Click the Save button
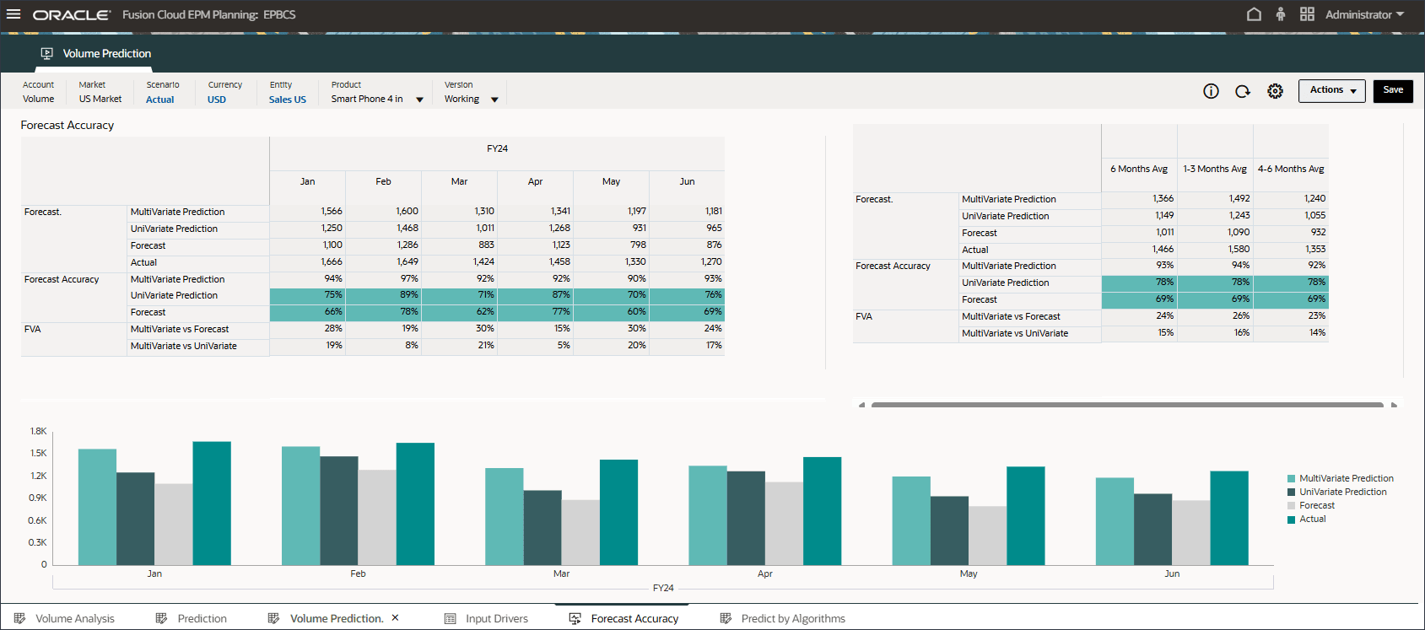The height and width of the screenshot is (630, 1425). click(1392, 90)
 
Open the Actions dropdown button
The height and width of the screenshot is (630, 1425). click(1331, 90)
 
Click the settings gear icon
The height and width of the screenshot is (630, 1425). click(1275, 91)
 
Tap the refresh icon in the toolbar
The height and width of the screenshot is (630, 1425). click(1243, 91)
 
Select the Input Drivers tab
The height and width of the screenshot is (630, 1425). click(496, 618)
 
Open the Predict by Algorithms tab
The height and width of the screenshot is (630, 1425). click(792, 618)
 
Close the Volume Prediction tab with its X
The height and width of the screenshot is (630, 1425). click(395, 618)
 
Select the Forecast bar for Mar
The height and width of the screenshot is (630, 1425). click(580, 532)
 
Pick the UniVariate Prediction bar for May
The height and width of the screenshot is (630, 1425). click(949, 530)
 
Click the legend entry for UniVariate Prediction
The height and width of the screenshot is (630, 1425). click(1342, 492)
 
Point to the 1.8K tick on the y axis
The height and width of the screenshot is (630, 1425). click(39, 431)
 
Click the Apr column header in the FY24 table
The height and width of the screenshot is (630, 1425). click(535, 181)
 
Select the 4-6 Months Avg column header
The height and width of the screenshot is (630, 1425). click(1290, 169)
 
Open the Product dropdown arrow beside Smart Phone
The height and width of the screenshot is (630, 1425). click(419, 100)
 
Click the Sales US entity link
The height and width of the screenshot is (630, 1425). click(288, 100)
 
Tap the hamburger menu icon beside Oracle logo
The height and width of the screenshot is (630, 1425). click(13, 14)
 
